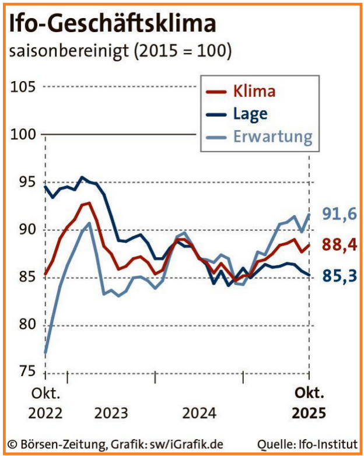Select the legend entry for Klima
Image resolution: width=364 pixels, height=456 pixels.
click(x=254, y=92)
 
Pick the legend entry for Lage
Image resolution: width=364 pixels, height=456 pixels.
click(x=250, y=114)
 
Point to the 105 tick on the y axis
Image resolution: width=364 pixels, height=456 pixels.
click(x=23, y=87)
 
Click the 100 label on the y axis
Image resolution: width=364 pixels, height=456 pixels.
click(x=23, y=135)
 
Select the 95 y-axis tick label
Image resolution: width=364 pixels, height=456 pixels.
click(x=23, y=182)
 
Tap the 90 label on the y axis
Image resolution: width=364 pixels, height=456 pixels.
click(x=23, y=230)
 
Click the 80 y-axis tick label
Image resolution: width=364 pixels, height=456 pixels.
click(x=23, y=325)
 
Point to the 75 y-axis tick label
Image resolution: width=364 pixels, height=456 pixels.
click(x=23, y=372)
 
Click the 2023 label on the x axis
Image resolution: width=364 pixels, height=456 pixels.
click(x=111, y=413)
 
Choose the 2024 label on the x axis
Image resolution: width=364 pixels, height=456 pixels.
click(x=199, y=413)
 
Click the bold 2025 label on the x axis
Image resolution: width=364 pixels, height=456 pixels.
click(x=309, y=413)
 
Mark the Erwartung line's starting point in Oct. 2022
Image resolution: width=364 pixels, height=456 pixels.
click(x=45, y=353)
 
